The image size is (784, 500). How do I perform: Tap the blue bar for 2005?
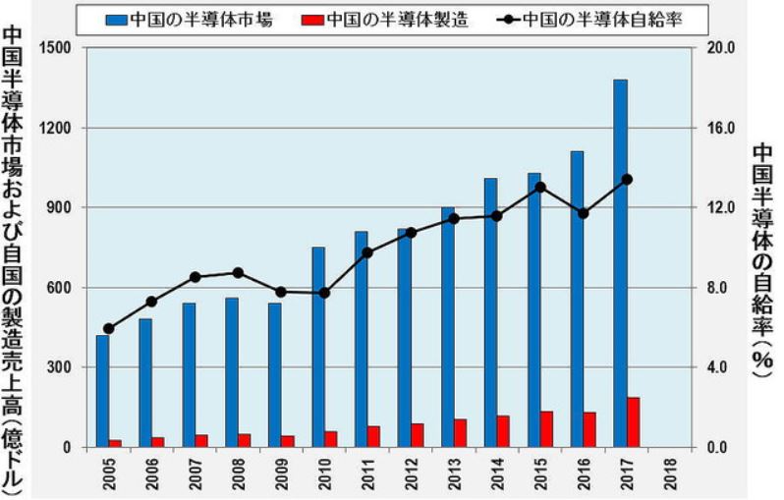pyautogui.click(x=102, y=391)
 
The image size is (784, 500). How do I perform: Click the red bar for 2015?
pyautogui.click(x=547, y=429)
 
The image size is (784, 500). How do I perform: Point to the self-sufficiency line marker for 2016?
pyautogui.click(x=584, y=213)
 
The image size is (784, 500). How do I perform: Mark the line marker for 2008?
pyautogui.click(x=238, y=272)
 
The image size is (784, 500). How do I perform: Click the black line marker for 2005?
pyautogui.click(x=108, y=329)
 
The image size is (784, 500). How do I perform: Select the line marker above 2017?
pyautogui.click(x=627, y=180)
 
